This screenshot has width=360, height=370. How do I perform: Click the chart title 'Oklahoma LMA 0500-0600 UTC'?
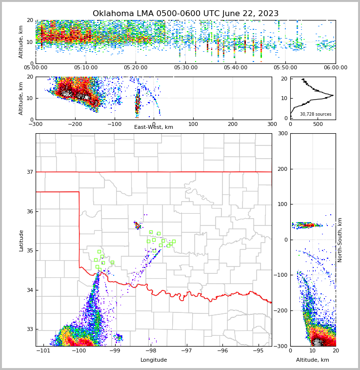point(185,14)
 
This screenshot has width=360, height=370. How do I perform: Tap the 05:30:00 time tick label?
point(186,68)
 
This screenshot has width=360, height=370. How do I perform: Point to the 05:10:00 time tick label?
point(86,68)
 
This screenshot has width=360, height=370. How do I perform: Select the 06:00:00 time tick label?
point(335,68)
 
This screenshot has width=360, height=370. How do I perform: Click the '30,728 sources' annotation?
point(316,114)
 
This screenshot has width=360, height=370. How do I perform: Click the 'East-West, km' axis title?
point(154,127)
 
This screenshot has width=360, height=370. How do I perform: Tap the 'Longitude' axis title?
point(154,360)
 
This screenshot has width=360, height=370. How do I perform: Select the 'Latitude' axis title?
point(21,240)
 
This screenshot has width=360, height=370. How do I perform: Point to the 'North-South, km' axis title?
point(340,240)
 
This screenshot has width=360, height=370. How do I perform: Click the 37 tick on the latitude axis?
point(30,172)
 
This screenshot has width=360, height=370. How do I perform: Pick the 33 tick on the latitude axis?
point(30,329)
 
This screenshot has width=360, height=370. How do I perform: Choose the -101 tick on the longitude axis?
point(44,350)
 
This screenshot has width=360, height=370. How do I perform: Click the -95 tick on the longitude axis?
point(258,350)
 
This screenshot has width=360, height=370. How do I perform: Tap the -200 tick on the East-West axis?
point(75,124)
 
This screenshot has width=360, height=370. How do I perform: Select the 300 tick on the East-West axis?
point(272,124)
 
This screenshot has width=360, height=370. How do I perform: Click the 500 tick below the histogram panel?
point(318,124)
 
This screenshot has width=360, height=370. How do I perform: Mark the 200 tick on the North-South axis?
point(281,169)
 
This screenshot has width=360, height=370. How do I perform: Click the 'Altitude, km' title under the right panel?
point(313,360)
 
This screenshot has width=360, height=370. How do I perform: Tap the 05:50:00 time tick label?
point(285,68)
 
